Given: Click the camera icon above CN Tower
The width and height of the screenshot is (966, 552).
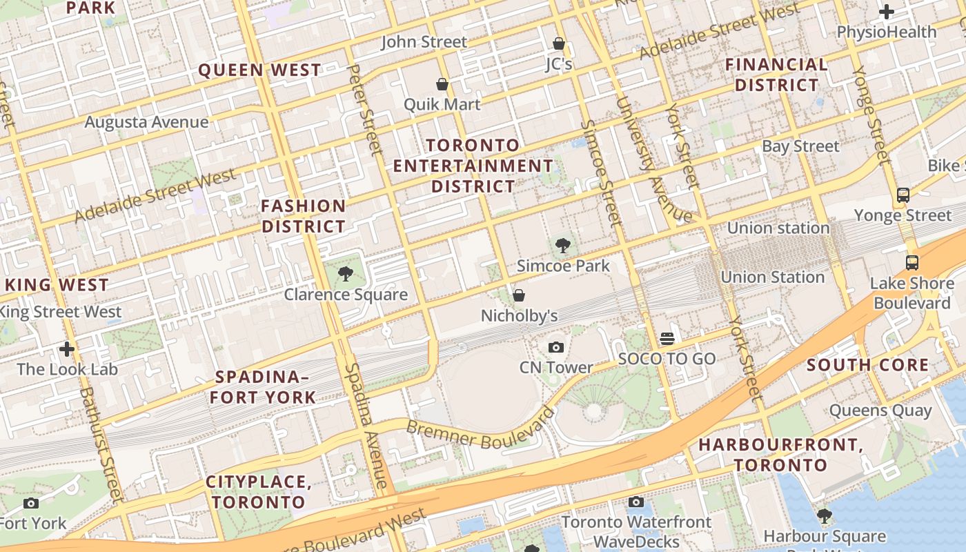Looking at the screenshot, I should coord(556,347).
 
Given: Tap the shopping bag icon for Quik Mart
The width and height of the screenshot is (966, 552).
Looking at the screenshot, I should coord(442,84).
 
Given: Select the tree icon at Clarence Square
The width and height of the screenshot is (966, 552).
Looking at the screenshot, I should coord(346,275).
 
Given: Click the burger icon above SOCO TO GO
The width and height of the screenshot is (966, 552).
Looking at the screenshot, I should coord(667,338).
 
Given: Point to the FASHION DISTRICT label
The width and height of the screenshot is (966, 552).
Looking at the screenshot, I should coord(304,216).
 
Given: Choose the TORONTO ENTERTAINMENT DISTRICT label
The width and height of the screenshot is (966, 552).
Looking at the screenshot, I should coord(473,166).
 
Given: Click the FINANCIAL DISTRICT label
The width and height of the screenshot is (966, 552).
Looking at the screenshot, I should coord(776,75).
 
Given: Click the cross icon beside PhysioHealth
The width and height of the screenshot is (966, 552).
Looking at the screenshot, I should coord(887,12).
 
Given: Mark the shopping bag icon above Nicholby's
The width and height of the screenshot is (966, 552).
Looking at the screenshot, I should coord(519,295).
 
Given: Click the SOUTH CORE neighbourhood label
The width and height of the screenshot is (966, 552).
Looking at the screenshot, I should coord(867,365).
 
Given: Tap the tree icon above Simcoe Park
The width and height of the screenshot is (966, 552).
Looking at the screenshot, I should coord(563,245).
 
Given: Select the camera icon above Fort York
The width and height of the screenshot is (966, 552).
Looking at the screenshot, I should coord(31,503).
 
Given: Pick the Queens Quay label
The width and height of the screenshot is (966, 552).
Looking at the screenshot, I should coord(880,411).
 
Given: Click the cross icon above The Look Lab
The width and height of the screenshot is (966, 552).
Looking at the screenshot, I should coord(67,349).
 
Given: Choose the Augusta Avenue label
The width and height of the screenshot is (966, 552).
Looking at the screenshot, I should coord(146,122).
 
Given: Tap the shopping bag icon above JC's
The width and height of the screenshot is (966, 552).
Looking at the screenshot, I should coord(559,44).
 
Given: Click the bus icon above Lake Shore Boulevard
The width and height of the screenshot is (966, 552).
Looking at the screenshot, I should coord(911,262).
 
